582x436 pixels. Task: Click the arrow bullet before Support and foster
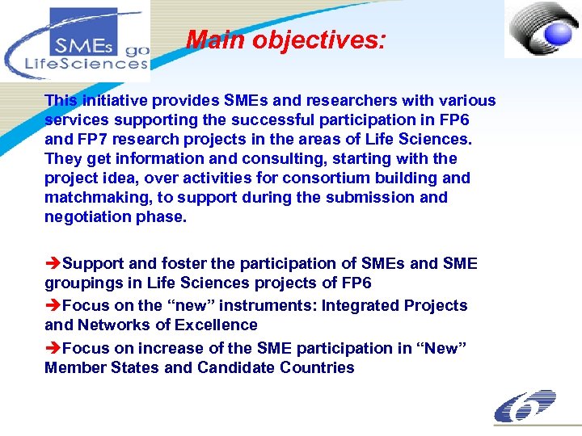(x=53, y=264)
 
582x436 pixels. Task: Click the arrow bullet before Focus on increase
(x=53, y=349)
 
